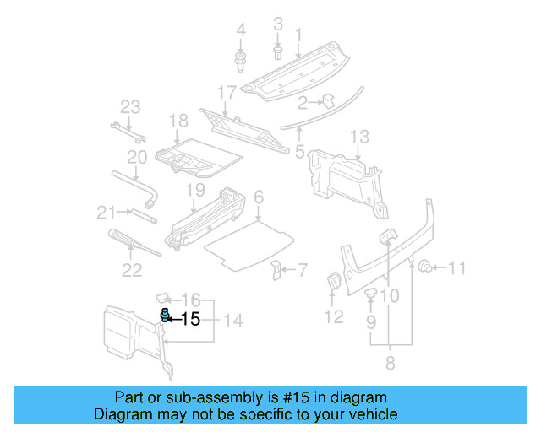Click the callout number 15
191,319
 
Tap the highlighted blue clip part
167,316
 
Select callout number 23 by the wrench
129,107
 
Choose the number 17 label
227,91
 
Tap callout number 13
359,136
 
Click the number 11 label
456,269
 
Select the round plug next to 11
427,267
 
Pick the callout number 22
132,270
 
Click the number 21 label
105,212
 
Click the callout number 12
334,316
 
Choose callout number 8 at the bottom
389,364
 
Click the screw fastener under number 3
278,52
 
